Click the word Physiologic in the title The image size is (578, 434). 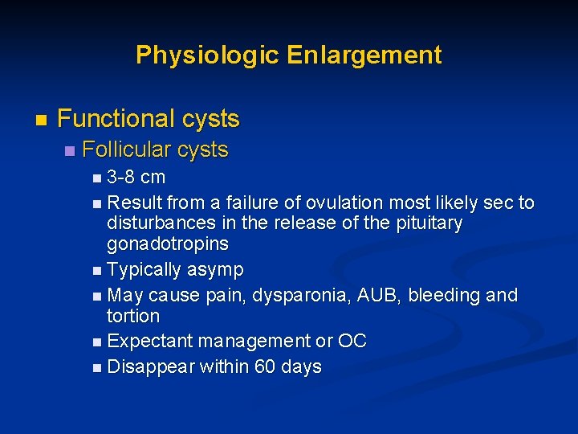(207, 55)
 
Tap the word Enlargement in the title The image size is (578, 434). (364, 55)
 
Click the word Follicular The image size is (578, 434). (127, 150)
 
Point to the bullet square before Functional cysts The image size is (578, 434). (41, 121)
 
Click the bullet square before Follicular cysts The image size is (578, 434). (70, 151)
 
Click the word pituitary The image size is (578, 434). (429, 223)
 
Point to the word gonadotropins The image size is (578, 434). (168, 244)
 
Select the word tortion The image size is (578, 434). (133, 316)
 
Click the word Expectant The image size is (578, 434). (150, 342)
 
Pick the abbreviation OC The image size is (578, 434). (352, 342)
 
